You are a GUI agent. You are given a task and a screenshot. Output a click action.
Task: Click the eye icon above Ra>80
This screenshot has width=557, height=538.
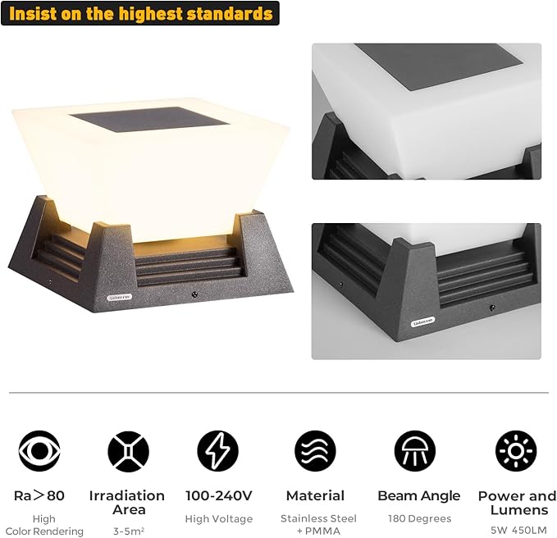pyautogui.click(x=39, y=451)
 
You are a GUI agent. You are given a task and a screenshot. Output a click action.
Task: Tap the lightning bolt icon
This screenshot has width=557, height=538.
pyautogui.click(x=218, y=451)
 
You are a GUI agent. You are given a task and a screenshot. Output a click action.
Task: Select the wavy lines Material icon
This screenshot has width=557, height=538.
pyautogui.click(x=315, y=451)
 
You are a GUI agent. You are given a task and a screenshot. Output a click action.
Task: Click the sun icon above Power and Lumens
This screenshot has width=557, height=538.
pyautogui.click(x=516, y=451)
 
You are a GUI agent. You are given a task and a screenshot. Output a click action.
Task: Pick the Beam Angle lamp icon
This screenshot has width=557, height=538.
pyautogui.click(x=415, y=451)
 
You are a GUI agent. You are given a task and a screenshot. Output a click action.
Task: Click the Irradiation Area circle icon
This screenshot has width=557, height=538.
pyautogui.click(x=128, y=451)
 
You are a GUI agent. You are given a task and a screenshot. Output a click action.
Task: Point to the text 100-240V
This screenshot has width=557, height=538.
pyautogui.click(x=219, y=495)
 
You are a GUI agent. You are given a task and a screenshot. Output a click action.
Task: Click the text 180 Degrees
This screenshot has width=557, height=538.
pyautogui.click(x=419, y=518)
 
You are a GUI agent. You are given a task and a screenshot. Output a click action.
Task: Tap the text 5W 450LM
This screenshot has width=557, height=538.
pyautogui.click(x=518, y=530)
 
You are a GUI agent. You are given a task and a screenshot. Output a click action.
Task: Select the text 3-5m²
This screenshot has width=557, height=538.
pyautogui.click(x=129, y=531)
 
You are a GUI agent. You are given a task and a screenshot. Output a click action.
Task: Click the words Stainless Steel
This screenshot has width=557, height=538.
pyautogui.click(x=318, y=518)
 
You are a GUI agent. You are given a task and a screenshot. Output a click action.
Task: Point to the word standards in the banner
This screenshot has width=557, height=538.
pyautogui.click(x=230, y=13)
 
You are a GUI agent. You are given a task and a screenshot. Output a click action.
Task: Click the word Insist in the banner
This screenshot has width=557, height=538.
pyautogui.click(x=33, y=13)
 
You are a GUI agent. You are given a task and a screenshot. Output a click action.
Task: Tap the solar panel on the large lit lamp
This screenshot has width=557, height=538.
pyautogui.click(x=149, y=119)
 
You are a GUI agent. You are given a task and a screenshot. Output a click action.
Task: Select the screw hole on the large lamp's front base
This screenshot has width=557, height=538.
pyautogui.click(x=194, y=294)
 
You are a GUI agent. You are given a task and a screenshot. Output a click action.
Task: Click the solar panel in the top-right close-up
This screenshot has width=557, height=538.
pyautogui.click(x=439, y=66)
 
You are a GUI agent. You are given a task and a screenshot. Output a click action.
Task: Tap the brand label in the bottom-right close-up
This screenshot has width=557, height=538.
pyautogui.click(x=422, y=321)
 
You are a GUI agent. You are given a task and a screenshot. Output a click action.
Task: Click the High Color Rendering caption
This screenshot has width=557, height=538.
pyautogui.click(x=44, y=525)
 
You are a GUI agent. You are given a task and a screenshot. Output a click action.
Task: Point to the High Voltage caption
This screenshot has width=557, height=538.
pyautogui.click(x=219, y=519)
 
